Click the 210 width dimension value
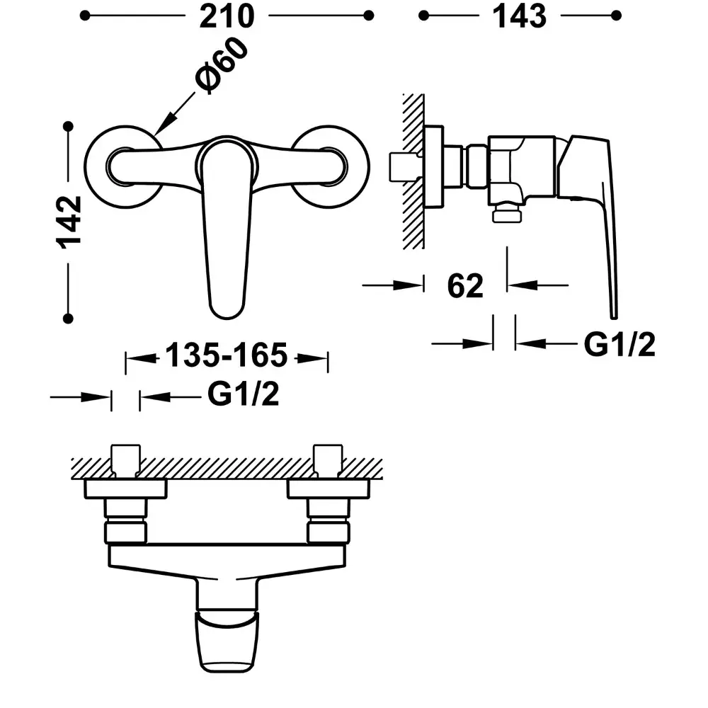[x=227, y=16]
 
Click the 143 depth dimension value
[x=519, y=16]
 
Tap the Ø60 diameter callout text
[x=222, y=65]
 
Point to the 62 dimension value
[x=465, y=285]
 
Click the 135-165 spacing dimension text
[x=227, y=355]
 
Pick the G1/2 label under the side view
[x=619, y=345]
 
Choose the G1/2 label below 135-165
[x=244, y=394]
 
